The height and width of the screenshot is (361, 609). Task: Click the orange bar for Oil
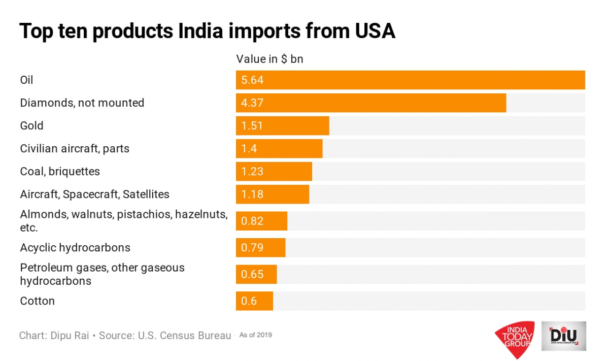pos(410,80)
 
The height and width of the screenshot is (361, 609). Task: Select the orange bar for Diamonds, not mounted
pos(370,103)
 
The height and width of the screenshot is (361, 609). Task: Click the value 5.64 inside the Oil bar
pos(253,80)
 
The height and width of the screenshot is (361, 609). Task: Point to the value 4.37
pos(253,103)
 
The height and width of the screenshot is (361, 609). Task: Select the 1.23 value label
pos(253,172)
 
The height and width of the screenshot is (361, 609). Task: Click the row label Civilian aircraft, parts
pos(75,149)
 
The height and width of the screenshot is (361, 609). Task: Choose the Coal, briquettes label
pos(60,172)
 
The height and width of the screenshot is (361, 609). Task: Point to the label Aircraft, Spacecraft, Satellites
pos(94,194)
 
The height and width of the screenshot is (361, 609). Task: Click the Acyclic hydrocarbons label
pos(75,248)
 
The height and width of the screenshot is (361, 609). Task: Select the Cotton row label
pos(37,301)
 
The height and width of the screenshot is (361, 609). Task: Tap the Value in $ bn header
pos(269,59)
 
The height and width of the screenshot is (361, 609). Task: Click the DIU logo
pos(563,335)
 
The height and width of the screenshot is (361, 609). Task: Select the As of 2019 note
pos(255,335)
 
